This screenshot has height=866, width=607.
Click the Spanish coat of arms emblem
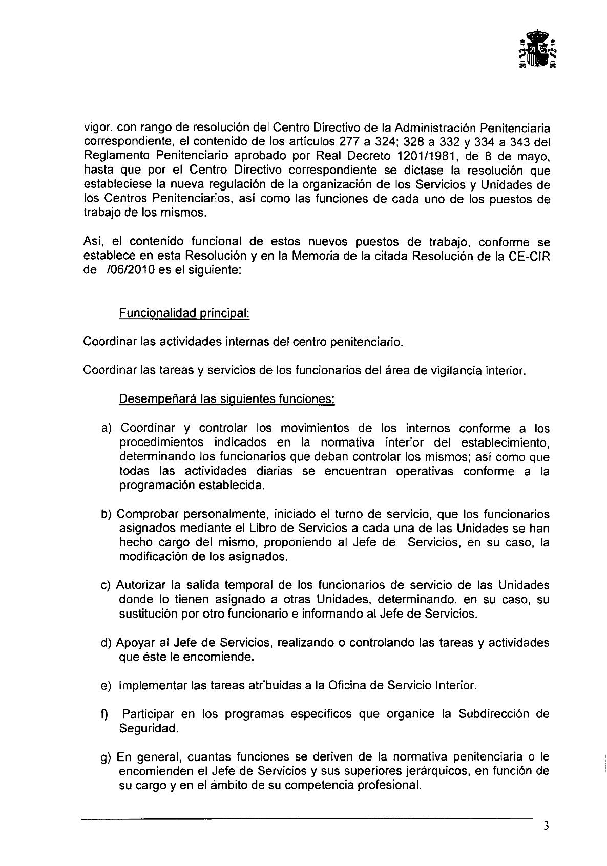pos(537,49)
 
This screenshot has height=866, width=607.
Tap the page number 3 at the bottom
pos(547,825)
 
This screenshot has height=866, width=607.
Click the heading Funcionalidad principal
pos(184,313)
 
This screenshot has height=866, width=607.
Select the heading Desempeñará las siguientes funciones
pos(227,398)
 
